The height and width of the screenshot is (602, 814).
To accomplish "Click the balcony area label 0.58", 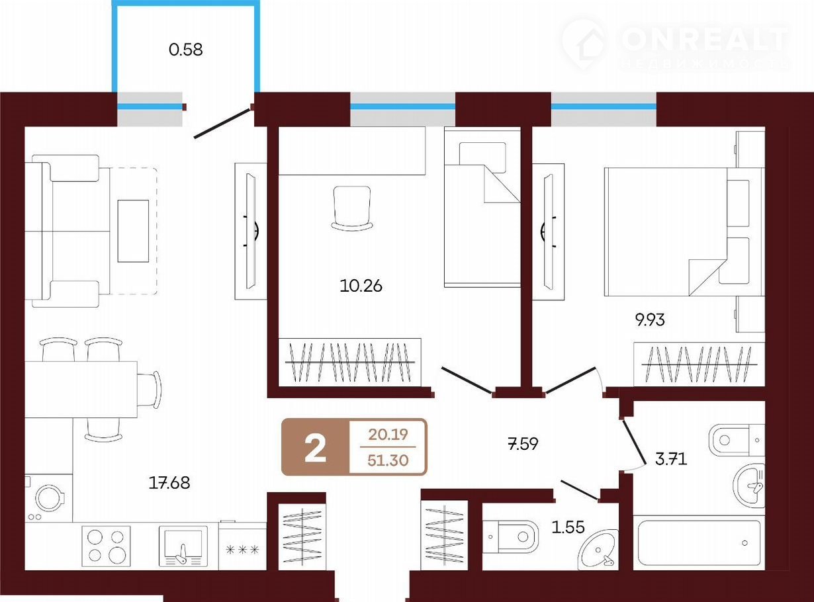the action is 186,50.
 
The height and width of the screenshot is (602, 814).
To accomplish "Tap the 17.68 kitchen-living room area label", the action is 169,483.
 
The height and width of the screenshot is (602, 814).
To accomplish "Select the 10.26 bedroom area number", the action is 361,285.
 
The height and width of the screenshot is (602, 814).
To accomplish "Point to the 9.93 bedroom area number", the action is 650,320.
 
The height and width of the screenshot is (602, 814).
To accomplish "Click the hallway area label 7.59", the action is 523,444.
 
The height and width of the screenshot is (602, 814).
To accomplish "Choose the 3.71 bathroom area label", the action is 671,459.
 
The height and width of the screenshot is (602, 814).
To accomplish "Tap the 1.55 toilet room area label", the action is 568,527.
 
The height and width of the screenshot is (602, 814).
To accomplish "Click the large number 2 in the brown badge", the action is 315,449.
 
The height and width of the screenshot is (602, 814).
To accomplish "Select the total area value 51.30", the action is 388,460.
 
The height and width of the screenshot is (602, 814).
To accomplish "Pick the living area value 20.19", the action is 388,435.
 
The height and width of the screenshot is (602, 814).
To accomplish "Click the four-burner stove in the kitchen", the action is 106,546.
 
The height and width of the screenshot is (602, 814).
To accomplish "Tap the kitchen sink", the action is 183,546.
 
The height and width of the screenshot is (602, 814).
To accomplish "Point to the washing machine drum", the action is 50,499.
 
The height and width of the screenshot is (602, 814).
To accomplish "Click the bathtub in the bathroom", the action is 699,543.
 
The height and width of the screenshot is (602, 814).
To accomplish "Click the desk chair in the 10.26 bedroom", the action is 352,208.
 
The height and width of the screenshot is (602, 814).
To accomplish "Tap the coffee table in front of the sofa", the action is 133,231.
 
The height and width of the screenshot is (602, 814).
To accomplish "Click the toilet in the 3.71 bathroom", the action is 737,440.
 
